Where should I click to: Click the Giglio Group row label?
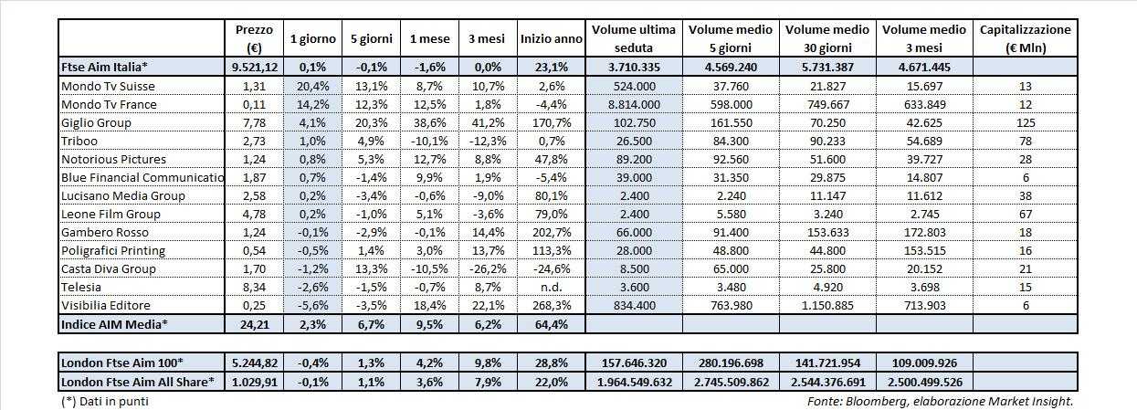(96, 122)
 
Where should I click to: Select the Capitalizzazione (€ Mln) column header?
(1025, 38)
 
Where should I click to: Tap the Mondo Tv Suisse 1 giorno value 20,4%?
(311, 86)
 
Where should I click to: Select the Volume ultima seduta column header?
(633, 38)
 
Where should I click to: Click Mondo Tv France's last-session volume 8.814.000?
(633, 104)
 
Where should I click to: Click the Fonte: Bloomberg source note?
(941, 401)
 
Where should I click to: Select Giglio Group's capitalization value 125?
(1025, 122)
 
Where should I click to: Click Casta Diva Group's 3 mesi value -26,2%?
(488, 268)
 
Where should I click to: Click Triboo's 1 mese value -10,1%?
(427, 141)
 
